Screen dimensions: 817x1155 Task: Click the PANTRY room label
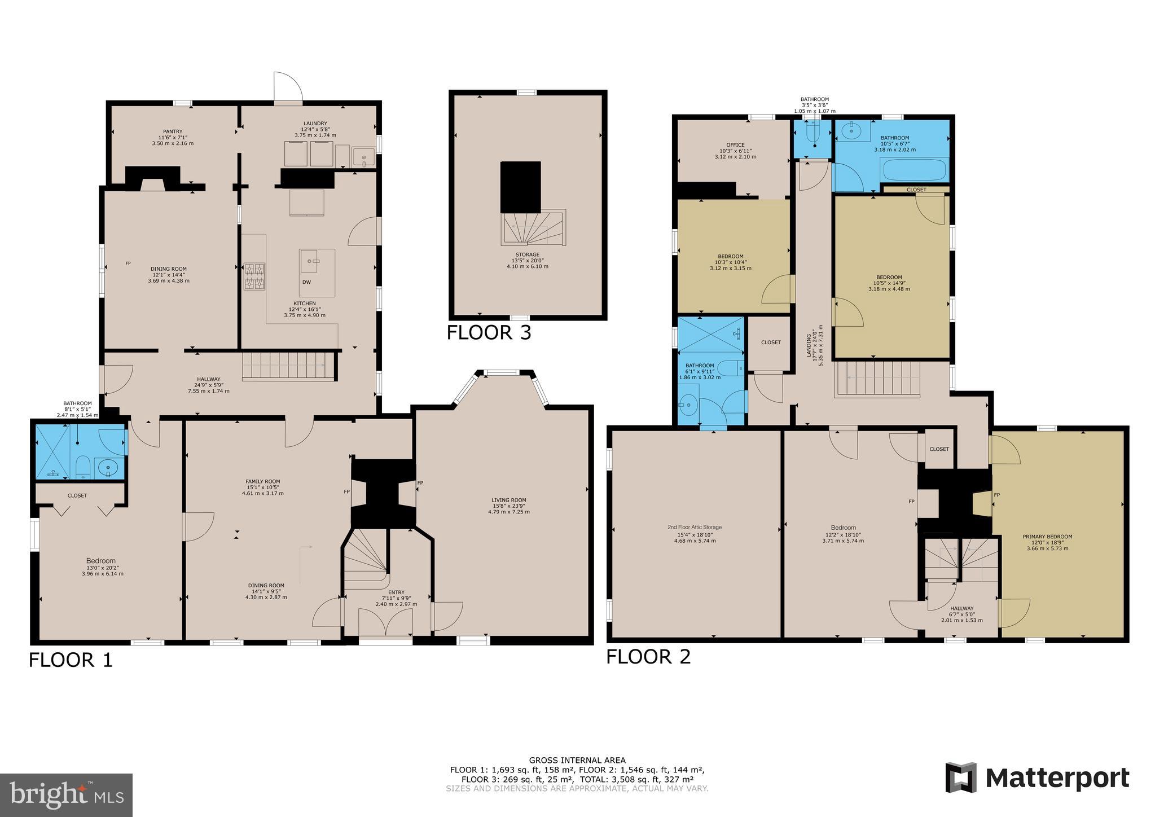pyautogui.click(x=172, y=131)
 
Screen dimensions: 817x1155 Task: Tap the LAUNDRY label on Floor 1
pyautogui.click(x=315, y=124)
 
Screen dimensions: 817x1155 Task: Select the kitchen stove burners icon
pyautogui.click(x=254, y=276)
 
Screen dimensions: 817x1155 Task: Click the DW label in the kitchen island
pyautogui.click(x=306, y=282)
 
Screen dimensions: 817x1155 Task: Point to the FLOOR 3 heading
pyautogui.click(x=489, y=333)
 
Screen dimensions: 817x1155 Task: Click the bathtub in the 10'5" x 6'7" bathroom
pyautogui.click(x=914, y=170)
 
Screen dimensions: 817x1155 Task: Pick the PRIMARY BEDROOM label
pyautogui.click(x=1047, y=537)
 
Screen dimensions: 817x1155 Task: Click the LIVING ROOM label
pyautogui.click(x=508, y=500)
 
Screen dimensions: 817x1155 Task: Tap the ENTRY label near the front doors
pyautogui.click(x=396, y=592)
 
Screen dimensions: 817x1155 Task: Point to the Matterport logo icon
pyautogui.click(x=961, y=778)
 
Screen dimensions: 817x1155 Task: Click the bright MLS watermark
pyautogui.click(x=67, y=795)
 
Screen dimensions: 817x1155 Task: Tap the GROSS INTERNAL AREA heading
pyautogui.click(x=577, y=760)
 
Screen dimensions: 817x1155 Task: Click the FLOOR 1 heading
pyautogui.click(x=71, y=660)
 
